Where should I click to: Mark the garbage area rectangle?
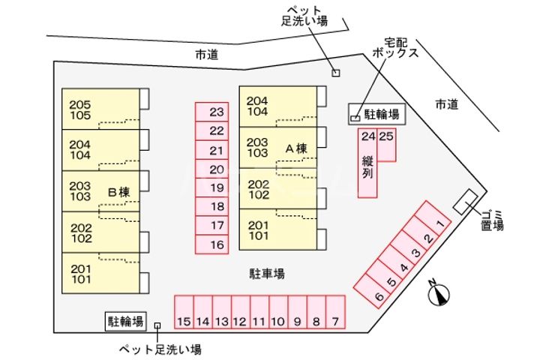[466, 200]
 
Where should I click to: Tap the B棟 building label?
[119, 193]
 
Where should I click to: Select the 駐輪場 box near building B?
[125, 322]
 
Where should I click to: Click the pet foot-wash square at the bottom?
[157, 325]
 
